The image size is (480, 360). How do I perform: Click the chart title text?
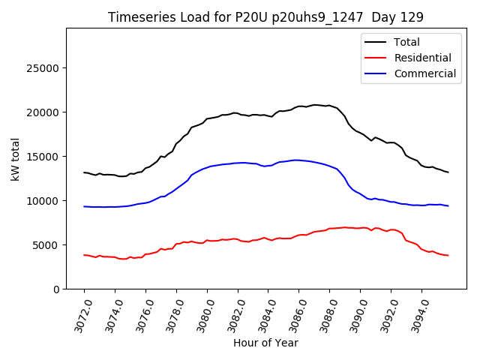(x=265, y=17)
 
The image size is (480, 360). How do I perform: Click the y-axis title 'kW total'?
(x=16, y=158)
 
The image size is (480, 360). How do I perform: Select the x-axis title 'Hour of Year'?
(x=265, y=343)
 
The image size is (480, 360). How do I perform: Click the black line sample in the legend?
(x=375, y=42)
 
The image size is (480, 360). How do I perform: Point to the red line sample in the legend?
(x=375, y=58)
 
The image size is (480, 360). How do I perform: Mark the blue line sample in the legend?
(x=375, y=73)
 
